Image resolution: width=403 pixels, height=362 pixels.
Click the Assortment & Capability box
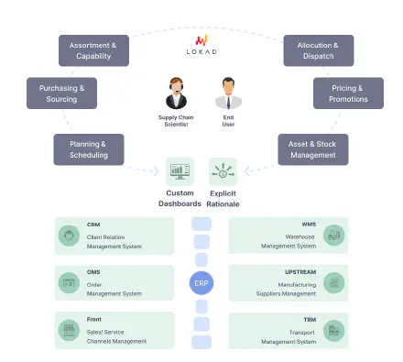[94, 49]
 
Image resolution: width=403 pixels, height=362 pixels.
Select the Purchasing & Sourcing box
[62, 93]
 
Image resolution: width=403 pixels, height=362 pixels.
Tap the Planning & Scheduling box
[89, 148]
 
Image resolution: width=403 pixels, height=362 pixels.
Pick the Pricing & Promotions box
[343, 93]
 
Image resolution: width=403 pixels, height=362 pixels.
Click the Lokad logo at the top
[201, 41]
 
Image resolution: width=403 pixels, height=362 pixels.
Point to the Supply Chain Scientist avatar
[177, 94]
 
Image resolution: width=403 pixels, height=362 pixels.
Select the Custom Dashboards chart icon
[180, 171]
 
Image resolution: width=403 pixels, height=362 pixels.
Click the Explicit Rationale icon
[223, 171]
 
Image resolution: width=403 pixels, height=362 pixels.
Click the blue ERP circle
[201, 283]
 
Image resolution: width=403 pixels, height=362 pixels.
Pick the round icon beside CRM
[69, 236]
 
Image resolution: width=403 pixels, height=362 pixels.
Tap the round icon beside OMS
[69, 283]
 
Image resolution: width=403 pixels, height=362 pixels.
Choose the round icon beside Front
[69, 330]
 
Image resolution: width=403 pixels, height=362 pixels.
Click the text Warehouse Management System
[289, 241]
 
